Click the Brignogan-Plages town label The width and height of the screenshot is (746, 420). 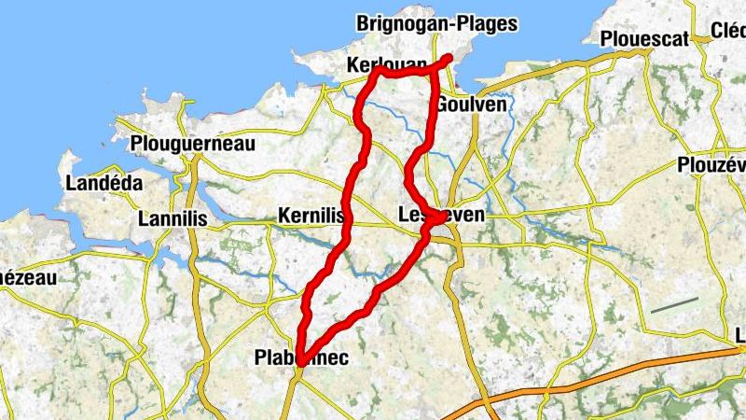tap(436, 24)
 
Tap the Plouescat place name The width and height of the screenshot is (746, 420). tap(645, 38)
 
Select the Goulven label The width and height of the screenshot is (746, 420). tap(471, 105)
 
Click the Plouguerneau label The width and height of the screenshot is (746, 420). tap(193, 145)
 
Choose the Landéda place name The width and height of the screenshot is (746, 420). tap(104, 183)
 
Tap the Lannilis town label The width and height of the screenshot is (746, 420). tap(172, 219)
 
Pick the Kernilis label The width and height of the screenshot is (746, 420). tap(311, 217)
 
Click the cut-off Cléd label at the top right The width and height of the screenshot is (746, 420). tap(727, 30)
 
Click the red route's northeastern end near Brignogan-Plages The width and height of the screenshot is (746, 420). tap(449, 58)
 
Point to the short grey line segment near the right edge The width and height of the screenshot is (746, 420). tap(674, 305)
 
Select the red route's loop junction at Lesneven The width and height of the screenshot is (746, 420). tap(435, 219)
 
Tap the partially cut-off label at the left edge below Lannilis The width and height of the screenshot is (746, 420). tap(28, 277)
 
